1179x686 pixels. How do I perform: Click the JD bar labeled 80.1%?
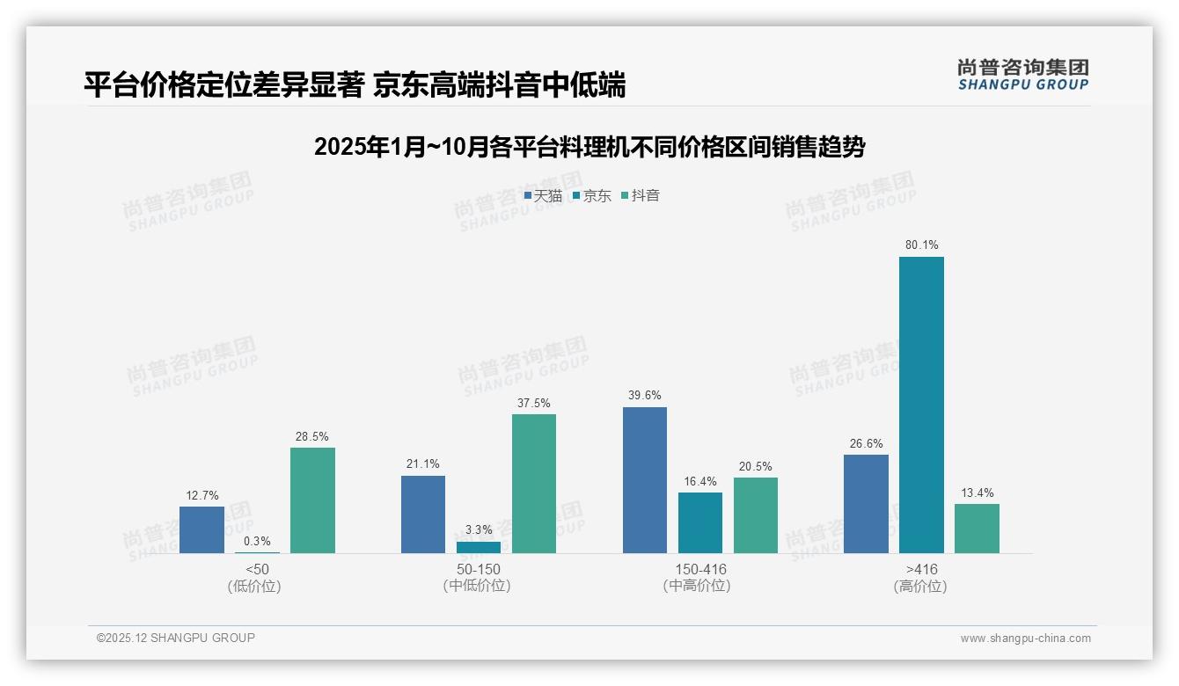[921, 405]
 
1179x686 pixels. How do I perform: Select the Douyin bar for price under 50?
[312, 500]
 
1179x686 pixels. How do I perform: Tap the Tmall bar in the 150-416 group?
[644, 480]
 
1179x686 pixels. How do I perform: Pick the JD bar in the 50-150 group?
[479, 547]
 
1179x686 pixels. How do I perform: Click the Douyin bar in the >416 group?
[977, 529]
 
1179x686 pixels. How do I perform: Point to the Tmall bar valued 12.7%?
[201, 529]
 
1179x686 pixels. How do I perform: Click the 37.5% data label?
[534, 404]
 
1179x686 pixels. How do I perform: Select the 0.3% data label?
[257, 542]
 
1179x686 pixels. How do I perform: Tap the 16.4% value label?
[700, 482]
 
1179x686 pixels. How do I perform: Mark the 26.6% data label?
[866, 444]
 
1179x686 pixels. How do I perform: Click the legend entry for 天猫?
[543, 196]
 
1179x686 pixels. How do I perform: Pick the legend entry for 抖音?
[641, 196]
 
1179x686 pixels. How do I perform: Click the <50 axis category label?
[257, 569]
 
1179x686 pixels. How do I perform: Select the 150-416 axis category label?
[700, 569]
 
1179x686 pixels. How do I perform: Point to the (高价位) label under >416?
[920, 587]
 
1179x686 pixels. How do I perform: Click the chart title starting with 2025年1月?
[589, 147]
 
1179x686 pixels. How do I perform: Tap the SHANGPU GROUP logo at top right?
[1022, 75]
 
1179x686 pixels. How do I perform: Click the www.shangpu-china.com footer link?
[1025, 639]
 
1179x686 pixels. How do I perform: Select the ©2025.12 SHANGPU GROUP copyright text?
[176, 638]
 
